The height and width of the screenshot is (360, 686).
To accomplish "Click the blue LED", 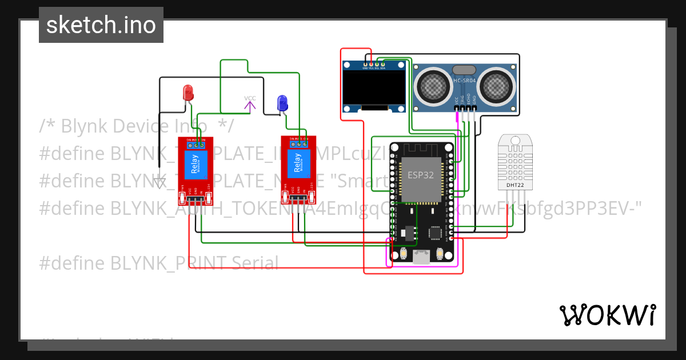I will [x=282, y=103].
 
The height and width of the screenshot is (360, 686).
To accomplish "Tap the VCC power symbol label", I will [x=250, y=98].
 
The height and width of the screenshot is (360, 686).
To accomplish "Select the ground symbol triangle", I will [x=159, y=183].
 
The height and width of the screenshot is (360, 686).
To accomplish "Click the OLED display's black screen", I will [x=374, y=89].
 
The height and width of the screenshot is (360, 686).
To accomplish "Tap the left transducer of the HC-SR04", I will [x=433, y=86].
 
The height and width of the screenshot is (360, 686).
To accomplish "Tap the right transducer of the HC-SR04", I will [x=496, y=86].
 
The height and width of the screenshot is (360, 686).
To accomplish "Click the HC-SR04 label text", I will [x=464, y=81].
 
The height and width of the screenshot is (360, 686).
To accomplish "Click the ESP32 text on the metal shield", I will [x=420, y=175].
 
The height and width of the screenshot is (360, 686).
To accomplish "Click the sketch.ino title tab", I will [x=101, y=25].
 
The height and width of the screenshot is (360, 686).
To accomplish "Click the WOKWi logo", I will [x=607, y=315].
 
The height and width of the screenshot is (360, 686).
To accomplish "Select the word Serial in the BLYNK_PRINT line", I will [x=255, y=263].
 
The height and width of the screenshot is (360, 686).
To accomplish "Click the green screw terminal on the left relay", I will [x=196, y=145].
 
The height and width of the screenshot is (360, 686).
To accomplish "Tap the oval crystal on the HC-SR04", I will [x=464, y=70].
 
